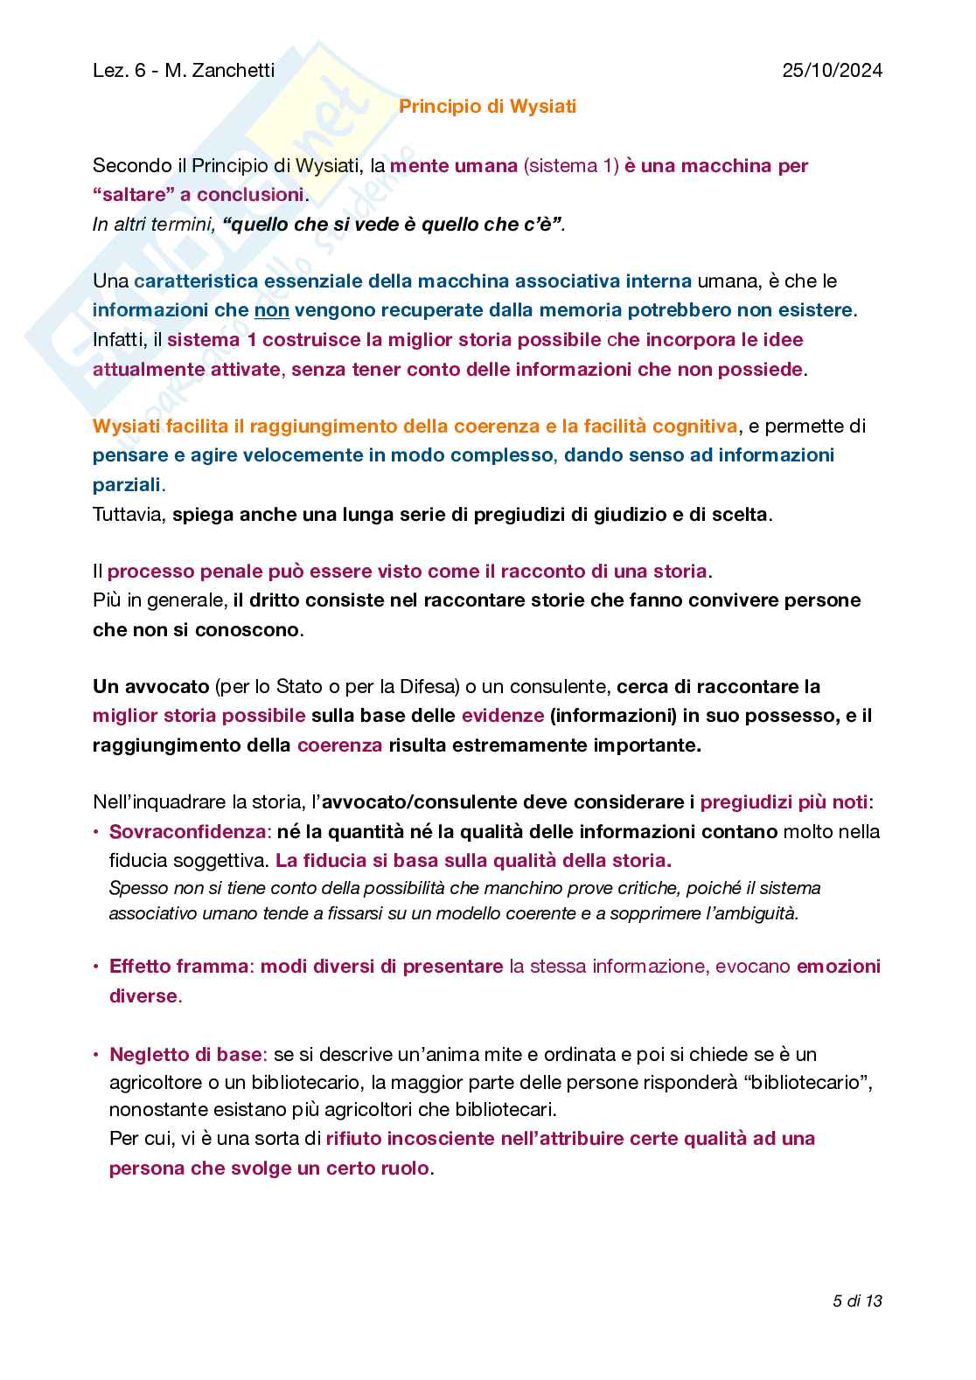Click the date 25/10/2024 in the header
[x=832, y=71]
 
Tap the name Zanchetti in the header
[x=232, y=71]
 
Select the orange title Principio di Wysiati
[x=487, y=107]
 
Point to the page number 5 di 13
[x=857, y=1300]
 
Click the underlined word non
[x=271, y=310]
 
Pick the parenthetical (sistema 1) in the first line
[x=571, y=166]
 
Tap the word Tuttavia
[x=129, y=515]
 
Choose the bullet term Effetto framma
[x=179, y=967]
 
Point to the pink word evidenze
[x=503, y=716]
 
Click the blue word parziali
[x=127, y=485]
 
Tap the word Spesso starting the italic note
[x=135, y=889]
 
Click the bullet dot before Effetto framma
[x=96, y=967]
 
